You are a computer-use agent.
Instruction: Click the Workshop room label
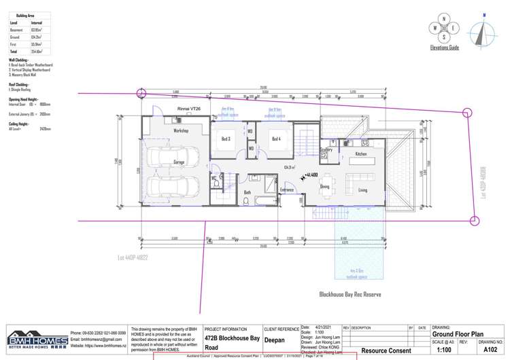(x=181, y=130)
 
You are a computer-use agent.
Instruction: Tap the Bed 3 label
(x=226, y=139)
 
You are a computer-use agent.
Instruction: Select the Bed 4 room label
(x=276, y=139)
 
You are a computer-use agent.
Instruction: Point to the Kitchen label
(x=361, y=154)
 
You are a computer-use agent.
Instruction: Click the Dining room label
(x=325, y=186)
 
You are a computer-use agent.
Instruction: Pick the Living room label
(x=362, y=190)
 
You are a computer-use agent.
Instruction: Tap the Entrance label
(x=286, y=190)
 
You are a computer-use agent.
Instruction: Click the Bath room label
(x=248, y=193)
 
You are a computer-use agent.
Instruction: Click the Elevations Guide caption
(x=445, y=48)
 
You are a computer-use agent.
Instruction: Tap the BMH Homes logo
(x=37, y=340)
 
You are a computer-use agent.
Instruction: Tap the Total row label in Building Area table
(x=14, y=51)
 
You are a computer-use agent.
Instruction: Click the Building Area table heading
(x=26, y=14)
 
